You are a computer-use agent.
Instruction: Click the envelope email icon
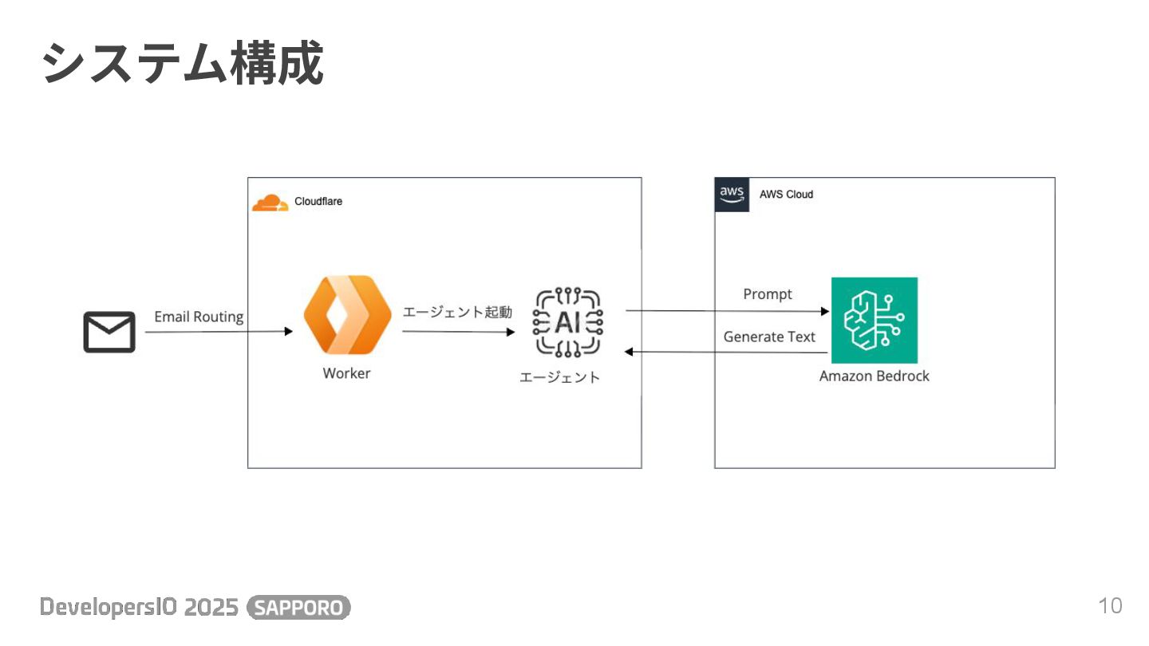pyautogui.click(x=109, y=333)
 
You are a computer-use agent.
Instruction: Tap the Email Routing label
pyautogui.click(x=199, y=317)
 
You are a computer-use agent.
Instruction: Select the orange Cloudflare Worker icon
pyautogui.click(x=347, y=315)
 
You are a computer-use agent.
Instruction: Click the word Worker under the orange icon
pyautogui.click(x=346, y=373)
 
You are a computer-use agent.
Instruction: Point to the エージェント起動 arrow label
pyautogui.click(x=457, y=312)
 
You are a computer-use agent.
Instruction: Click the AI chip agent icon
pyautogui.click(x=568, y=322)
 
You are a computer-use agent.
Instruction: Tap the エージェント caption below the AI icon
pyautogui.click(x=559, y=377)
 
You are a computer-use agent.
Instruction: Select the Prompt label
pyautogui.click(x=768, y=294)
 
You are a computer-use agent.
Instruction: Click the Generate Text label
pyautogui.click(x=769, y=337)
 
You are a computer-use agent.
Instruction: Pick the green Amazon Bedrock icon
pyautogui.click(x=875, y=320)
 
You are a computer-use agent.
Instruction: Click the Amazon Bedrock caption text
pyautogui.click(x=875, y=376)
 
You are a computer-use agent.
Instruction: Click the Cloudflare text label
pyautogui.click(x=318, y=202)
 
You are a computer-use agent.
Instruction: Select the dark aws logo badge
pyautogui.click(x=732, y=195)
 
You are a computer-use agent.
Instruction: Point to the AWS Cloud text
pyautogui.click(x=786, y=195)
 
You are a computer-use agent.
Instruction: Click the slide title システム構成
pyautogui.click(x=183, y=64)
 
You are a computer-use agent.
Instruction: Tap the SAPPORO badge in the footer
pyautogui.click(x=299, y=608)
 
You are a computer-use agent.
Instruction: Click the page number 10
pyautogui.click(x=1110, y=606)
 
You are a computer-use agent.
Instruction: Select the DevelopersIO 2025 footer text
pyautogui.click(x=140, y=608)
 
